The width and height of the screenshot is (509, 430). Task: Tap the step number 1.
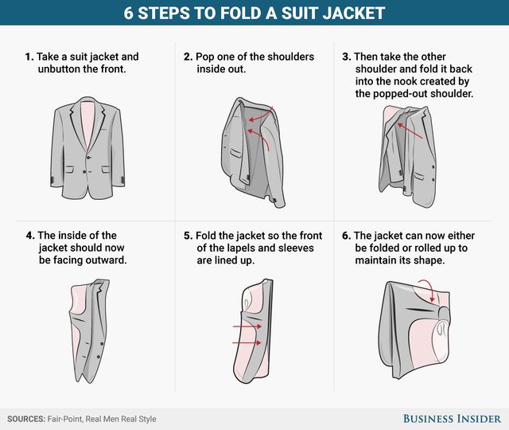29,57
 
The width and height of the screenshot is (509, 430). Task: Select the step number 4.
30,236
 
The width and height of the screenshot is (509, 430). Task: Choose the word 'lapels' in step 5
240,248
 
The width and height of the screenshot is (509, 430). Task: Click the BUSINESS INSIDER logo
453,419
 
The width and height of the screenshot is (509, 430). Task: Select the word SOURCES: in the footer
26,419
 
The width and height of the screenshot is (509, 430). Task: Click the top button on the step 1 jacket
87,158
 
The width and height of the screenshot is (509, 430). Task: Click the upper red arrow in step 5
247,326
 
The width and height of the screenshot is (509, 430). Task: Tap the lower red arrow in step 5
247,342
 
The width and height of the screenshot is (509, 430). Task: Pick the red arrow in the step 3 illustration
410,131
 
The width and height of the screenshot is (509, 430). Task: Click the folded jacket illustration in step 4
89,331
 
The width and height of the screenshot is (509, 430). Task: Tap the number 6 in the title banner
128,14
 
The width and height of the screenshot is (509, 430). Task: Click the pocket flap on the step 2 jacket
236,153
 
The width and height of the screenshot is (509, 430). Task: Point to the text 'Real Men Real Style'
121,419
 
